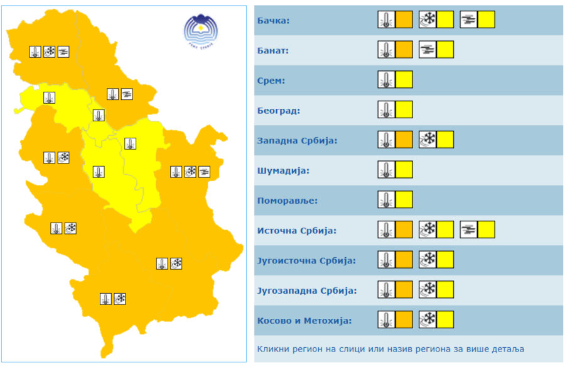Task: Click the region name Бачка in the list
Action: click(x=273, y=21)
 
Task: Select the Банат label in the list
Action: click(x=273, y=51)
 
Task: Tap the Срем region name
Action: click(x=271, y=81)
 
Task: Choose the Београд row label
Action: click(x=279, y=111)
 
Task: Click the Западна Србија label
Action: click(x=297, y=140)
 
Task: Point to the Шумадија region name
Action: click(x=283, y=170)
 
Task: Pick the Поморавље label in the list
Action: click(x=288, y=201)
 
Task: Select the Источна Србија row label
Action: click(x=297, y=230)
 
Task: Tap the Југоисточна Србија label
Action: click(x=306, y=260)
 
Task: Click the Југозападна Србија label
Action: click(x=307, y=291)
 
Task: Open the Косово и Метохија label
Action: click(x=304, y=321)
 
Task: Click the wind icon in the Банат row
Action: click(x=428, y=49)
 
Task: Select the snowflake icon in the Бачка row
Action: click(x=428, y=19)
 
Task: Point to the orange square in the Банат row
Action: click(x=404, y=49)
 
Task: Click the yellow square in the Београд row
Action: click(x=404, y=109)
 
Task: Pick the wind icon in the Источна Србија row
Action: click(x=468, y=230)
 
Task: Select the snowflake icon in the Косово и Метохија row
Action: click(x=428, y=320)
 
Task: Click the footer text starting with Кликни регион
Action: click(x=390, y=348)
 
